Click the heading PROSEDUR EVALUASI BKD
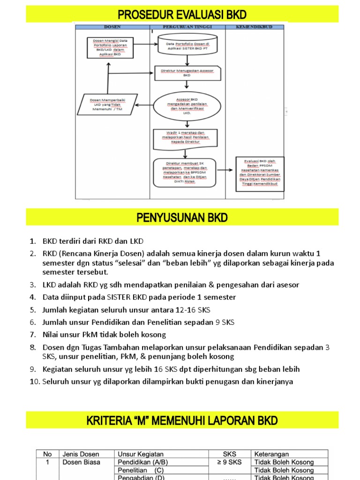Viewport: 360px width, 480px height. tap(182, 14)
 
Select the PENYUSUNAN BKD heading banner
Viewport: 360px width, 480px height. tap(182, 217)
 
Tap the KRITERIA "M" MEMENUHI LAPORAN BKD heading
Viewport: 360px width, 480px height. tap(182, 420)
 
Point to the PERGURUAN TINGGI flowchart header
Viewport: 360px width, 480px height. tap(187, 27)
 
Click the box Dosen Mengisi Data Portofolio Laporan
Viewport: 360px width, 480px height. tap(110, 47)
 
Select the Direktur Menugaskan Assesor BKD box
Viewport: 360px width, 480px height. tap(187, 72)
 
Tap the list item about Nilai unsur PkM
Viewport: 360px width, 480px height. tap(104, 335)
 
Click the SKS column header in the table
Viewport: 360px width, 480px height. tap(230, 454)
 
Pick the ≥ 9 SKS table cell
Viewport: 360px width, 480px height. tap(230, 462)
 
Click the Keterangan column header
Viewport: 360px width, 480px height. tap(271, 454)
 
